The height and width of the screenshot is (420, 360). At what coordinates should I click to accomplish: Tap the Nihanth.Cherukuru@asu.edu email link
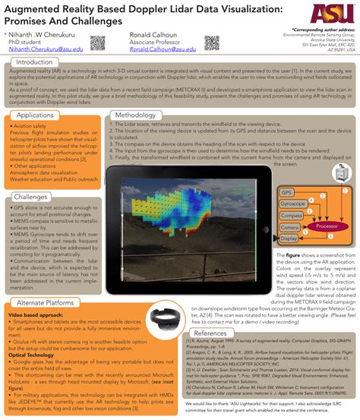coord(40,48)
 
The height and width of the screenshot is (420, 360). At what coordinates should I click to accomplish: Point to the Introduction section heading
coord(39,62)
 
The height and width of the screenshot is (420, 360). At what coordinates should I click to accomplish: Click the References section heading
coord(215,333)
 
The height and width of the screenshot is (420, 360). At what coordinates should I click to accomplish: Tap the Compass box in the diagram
coord(291,216)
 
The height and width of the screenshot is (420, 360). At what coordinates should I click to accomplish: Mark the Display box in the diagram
coord(289,238)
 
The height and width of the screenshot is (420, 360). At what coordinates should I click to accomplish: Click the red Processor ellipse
coord(327,226)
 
